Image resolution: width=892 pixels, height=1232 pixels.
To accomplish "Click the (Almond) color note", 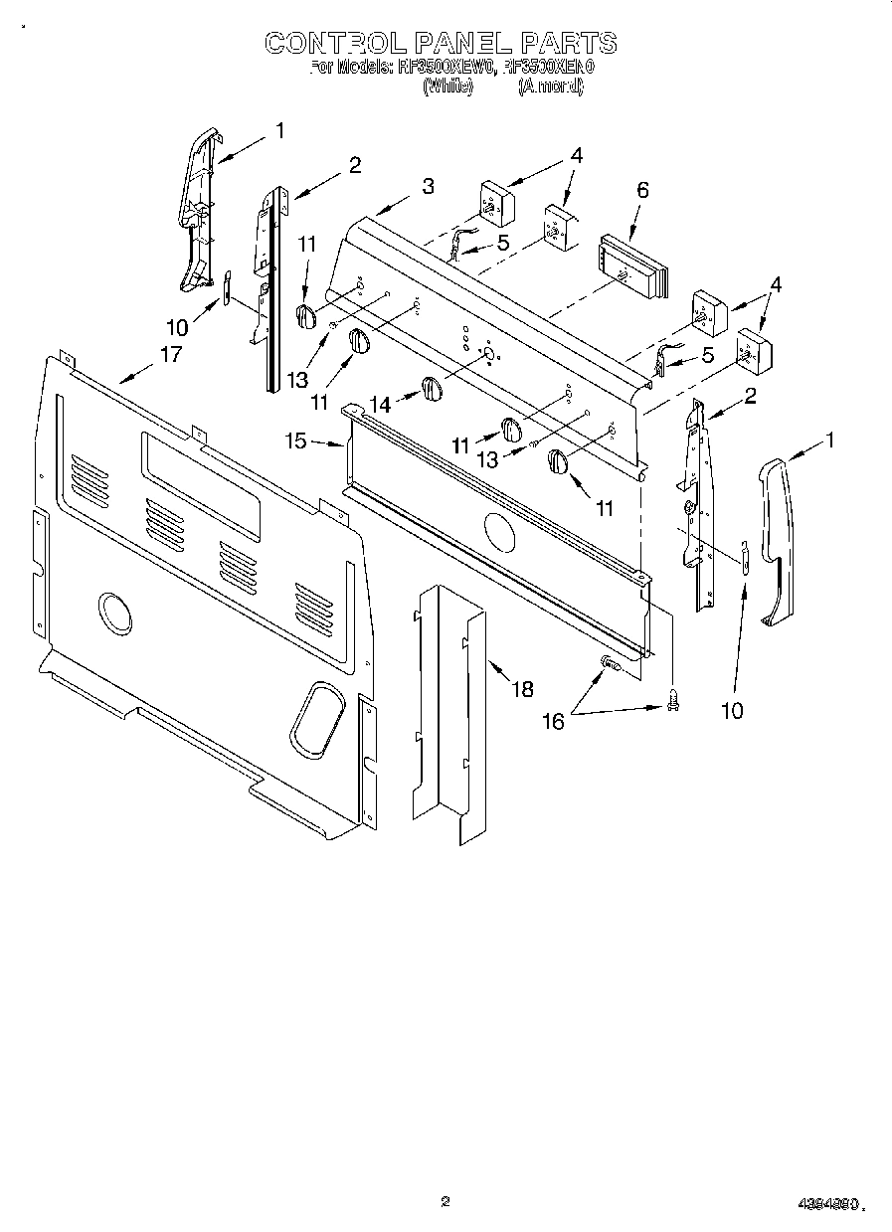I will coord(551,87).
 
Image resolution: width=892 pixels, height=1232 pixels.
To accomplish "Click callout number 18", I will coord(521,688).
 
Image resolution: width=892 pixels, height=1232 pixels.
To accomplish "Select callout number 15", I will coord(296,440).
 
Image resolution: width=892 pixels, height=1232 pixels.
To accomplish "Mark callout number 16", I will coord(552,721).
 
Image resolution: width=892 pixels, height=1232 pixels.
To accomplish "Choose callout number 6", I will coord(642,190).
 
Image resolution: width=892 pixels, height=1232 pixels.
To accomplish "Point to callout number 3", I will coord(427,186).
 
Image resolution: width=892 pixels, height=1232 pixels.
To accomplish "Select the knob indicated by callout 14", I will coord(431,389).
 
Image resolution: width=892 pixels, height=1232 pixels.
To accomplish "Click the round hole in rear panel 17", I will coord(115,613).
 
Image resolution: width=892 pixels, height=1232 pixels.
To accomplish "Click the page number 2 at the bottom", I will coord(446,1202).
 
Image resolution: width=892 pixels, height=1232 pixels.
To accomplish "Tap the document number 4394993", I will coord(827,1204).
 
